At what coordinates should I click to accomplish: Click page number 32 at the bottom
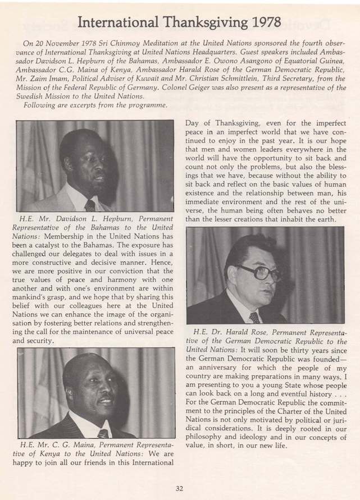pos(179,488)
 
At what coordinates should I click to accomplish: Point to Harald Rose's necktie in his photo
pos(254,317)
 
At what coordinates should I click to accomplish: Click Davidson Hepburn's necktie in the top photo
pos(90,205)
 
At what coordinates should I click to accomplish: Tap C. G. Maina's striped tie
pos(103,433)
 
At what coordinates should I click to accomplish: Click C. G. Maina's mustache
pos(105,400)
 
